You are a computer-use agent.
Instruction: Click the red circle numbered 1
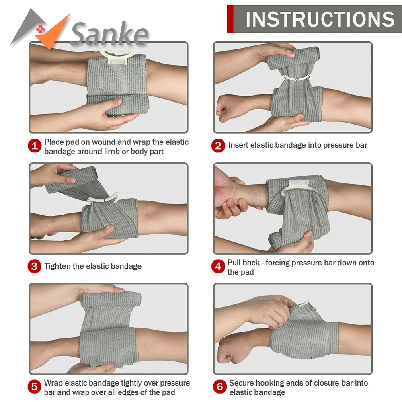[35, 146]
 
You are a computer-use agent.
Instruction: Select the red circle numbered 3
[35, 266]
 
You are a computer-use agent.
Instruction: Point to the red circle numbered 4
[218, 267]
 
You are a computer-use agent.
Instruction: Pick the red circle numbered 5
[35, 387]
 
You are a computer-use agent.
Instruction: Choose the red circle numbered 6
[219, 387]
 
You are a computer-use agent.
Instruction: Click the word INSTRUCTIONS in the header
[320, 19]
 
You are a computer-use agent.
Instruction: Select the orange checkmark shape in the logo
[54, 34]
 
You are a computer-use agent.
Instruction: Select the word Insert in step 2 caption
[238, 145]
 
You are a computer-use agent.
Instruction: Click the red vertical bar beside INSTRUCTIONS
[230, 19]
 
